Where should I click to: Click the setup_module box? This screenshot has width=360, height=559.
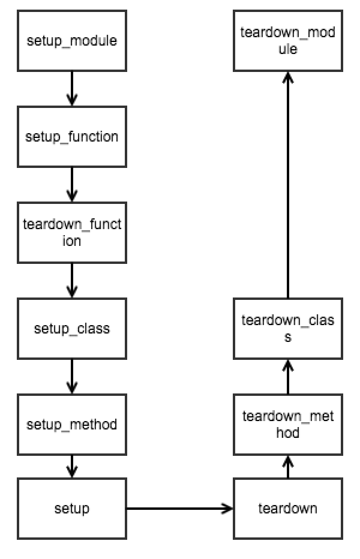72,41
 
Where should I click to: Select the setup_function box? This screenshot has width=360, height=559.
72,137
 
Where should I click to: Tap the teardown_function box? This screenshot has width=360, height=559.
72,233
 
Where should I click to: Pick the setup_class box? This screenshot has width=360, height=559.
72,329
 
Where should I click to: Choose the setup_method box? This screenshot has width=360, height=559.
72,425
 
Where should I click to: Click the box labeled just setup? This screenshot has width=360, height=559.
72,509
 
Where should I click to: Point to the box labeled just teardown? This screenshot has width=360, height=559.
287,509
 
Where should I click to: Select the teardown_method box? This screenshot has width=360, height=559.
287,424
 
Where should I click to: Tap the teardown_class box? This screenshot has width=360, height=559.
287,329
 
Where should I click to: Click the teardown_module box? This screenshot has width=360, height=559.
287,41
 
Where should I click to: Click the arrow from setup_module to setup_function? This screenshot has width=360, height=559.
72,89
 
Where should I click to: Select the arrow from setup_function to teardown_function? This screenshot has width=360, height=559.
72,185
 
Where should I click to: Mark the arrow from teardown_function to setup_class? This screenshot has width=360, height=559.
72,281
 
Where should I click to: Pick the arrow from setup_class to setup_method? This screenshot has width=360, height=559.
72,377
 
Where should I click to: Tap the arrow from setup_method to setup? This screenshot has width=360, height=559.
72,467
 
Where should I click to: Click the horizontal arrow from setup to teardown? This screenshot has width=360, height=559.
180,509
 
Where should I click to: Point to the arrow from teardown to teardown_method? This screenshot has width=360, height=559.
287,467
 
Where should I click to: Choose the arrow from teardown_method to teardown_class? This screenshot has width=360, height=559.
287,377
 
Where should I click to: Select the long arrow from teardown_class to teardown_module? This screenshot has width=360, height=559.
287,186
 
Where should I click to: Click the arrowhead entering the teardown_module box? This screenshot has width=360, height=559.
287,77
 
